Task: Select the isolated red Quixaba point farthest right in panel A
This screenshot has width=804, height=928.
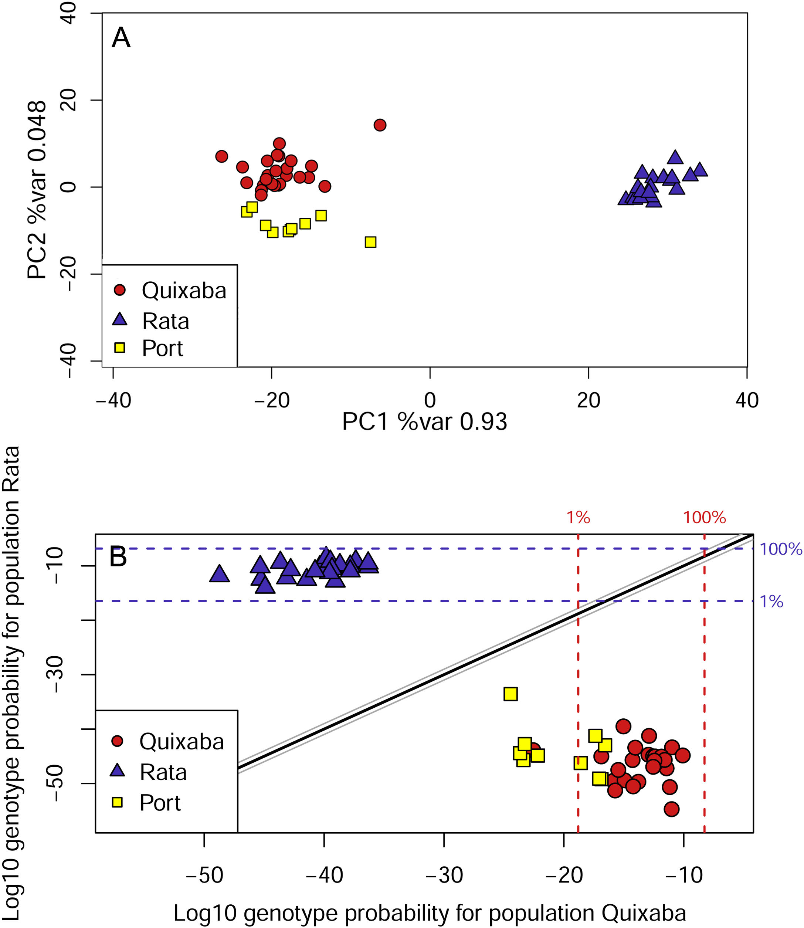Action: tap(380, 125)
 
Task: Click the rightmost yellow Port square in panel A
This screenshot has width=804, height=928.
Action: tap(370, 242)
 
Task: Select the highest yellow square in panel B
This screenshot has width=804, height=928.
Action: tap(510, 694)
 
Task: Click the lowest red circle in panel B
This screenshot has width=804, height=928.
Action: tap(671, 810)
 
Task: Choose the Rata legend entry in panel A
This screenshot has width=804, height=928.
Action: tap(165, 321)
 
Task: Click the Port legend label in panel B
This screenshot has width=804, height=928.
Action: tap(160, 803)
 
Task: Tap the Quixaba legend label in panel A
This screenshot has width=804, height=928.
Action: tap(184, 291)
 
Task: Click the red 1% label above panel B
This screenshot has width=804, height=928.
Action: tap(578, 518)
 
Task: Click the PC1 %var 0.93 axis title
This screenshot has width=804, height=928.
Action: tap(424, 422)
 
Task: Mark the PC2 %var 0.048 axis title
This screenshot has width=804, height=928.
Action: tap(37, 189)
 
